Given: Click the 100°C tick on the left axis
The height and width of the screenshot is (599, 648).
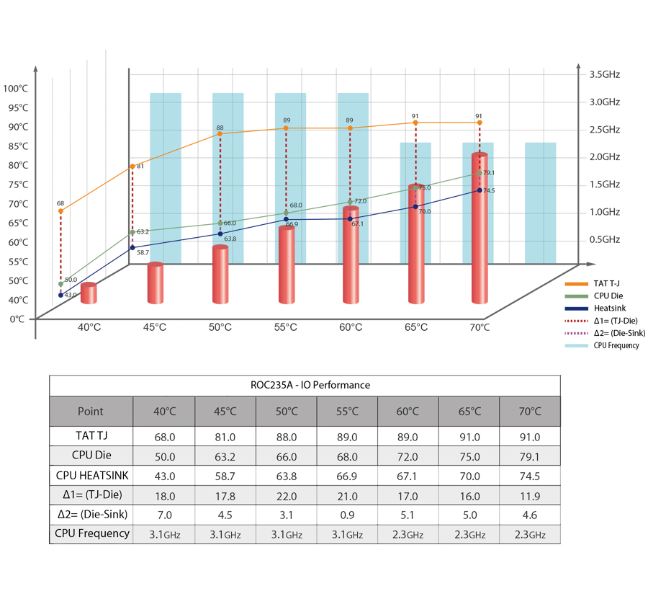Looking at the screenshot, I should coord(16,89).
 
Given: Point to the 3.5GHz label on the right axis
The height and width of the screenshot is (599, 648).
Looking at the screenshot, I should coord(605,74).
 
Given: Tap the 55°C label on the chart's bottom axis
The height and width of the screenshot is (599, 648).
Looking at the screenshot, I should coord(286,327).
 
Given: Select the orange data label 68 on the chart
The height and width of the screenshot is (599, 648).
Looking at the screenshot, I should coord(60,203).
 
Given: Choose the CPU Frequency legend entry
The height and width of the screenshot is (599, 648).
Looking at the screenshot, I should coord(616,345).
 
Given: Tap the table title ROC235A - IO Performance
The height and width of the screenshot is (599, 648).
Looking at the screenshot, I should coord(310,385).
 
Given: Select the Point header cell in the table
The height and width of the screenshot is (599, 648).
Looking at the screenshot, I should coord(91,412).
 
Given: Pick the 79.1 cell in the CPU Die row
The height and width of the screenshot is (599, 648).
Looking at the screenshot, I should coord(530,456).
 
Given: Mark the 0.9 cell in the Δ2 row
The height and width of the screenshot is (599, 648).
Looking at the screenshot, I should coord(346,514).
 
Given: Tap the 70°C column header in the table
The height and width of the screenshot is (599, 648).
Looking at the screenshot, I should coord(530,412).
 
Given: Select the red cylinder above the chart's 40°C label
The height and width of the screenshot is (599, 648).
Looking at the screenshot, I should coord(89,293).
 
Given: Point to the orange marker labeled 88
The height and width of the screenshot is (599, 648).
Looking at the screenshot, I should coord(220,134).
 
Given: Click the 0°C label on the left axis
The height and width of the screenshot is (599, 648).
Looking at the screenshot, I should coord(17,319).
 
